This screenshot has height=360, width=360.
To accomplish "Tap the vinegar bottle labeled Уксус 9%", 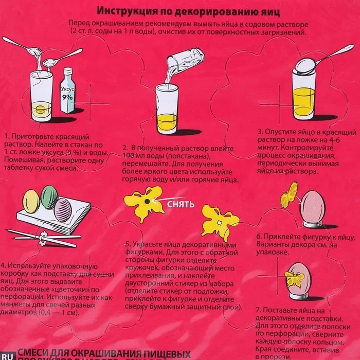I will [67, 92].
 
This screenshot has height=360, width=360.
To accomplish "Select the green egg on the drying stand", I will [49, 197].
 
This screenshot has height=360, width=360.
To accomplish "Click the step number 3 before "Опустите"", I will [260, 132].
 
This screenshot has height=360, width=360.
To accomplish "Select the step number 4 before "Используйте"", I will [4, 265].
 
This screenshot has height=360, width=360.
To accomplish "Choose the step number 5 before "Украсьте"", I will [127, 244].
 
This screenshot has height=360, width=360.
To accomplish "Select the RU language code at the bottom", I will [7, 354].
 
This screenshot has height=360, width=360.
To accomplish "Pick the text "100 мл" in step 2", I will [135, 156].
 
